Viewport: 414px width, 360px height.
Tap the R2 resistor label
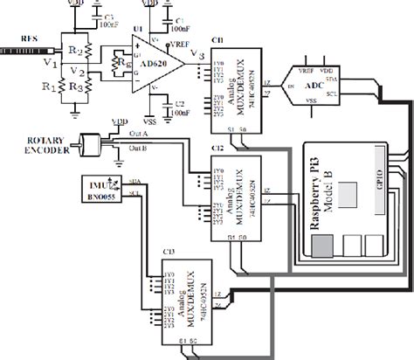(x=76, y=52)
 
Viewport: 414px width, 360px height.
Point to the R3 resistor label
(x=76, y=87)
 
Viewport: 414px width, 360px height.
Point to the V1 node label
(x=50, y=63)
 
